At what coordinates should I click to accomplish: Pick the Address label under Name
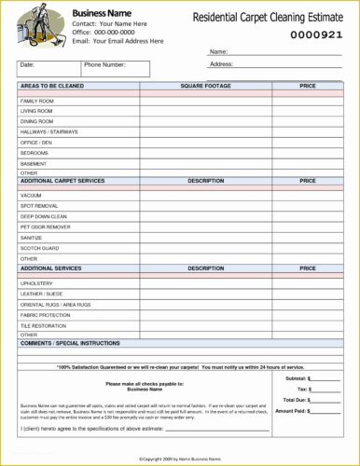tap(221, 64)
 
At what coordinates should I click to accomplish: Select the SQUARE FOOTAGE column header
tap(205, 85)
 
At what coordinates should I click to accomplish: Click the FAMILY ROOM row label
tap(37, 100)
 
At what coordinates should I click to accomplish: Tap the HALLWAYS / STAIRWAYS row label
tap(49, 131)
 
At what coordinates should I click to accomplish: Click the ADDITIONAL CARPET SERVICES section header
tap(62, 181)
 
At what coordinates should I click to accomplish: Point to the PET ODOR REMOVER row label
tap(46, 226)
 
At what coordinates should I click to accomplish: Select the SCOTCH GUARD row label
tap(40, 248)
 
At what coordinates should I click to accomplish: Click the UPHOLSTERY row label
tap(37, 282)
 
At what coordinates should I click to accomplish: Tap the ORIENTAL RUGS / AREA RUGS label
tap(56, 304)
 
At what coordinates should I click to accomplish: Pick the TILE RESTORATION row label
tap(44, 325)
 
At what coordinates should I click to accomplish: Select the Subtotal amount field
tap(325, 379)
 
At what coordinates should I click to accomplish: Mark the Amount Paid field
tap(325, 410)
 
